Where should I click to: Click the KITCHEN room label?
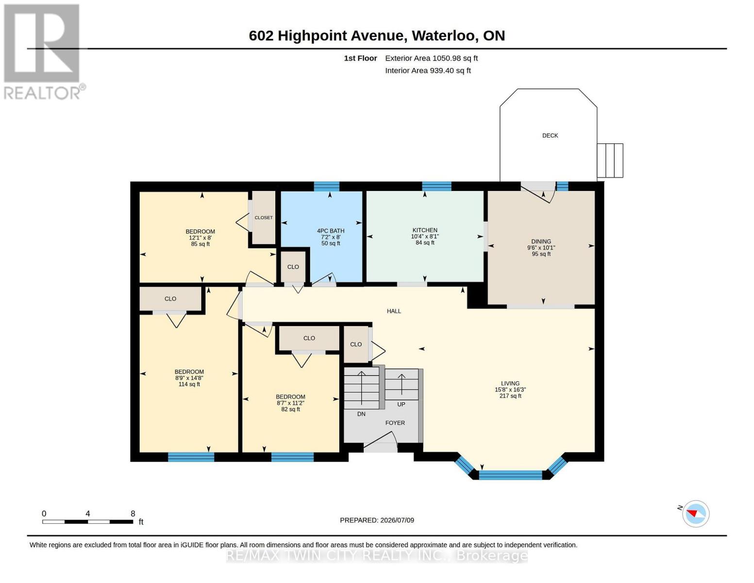point(425,230)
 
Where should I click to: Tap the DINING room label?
point(541,241)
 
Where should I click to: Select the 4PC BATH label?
point(330,231)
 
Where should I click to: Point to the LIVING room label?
point(510,383)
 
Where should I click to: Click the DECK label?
point(550,136)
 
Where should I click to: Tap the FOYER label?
point(395,423)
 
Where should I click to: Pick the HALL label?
point(394,311)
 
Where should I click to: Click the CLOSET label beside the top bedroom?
point(263,218)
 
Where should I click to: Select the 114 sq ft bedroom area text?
point(189,384)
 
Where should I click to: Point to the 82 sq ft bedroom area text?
point(290,409)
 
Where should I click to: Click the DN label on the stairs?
point(361,414)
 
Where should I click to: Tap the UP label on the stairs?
point(401,405)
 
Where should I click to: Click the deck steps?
point(610,160)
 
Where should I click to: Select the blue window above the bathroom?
point(327,187)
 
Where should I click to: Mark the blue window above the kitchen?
point(436,187)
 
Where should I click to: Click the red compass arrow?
point(692,513)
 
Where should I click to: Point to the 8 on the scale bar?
point(133,514)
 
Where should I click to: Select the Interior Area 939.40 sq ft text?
point(428,70)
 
